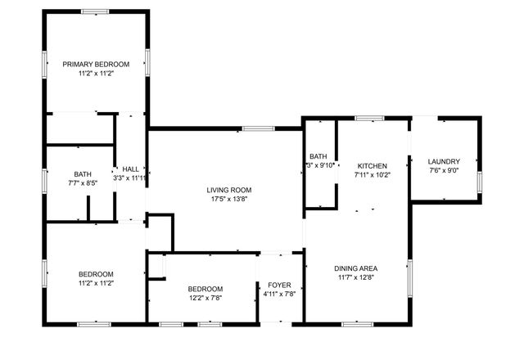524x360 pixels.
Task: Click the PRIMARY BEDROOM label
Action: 96,64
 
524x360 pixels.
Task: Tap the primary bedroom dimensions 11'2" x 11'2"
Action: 96,74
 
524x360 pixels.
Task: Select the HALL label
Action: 130,168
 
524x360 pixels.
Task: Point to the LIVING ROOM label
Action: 226,190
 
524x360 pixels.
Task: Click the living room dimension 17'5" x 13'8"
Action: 226,200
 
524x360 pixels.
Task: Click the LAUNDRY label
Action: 444,161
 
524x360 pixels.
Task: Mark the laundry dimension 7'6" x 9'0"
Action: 444,171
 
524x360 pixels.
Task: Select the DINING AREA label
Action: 355,268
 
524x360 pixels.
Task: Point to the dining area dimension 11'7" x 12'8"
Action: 355,277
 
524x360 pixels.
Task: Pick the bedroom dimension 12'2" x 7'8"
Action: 205,299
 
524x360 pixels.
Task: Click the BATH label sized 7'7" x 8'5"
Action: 83,173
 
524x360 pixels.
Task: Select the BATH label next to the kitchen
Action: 318,156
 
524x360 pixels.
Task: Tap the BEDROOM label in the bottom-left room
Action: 96,273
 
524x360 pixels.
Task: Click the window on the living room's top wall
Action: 258,128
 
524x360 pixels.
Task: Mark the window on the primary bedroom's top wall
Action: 95,11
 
